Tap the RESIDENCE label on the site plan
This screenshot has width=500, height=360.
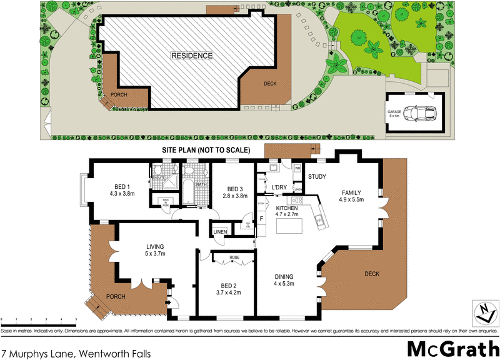tap(192, 56)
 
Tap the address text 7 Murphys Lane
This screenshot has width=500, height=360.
tap(76, 353)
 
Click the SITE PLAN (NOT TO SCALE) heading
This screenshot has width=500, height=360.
tap(206, 150)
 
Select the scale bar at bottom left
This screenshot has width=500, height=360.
tap(39, 320)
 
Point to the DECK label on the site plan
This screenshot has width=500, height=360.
tap(269, 84)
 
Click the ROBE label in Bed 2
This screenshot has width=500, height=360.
tap(234, 257)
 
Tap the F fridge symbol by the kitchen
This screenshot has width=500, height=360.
tap(262, 219)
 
